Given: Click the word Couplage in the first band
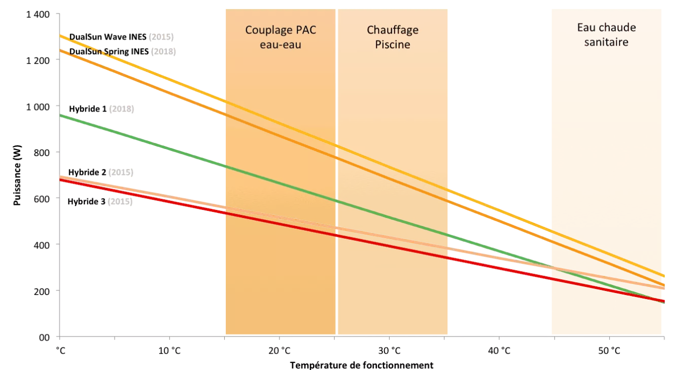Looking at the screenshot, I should (267, 30).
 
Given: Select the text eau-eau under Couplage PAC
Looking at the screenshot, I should (281, 45).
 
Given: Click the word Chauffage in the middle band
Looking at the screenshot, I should (393, 30).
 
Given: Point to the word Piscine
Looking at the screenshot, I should (393, 45).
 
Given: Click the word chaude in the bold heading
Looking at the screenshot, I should (616, 27).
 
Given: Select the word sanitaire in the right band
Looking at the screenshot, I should (606, 42).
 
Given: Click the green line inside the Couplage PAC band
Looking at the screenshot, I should (279, 183).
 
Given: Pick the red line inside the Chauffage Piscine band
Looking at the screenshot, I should (393, 246).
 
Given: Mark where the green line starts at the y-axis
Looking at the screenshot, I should (61, 116).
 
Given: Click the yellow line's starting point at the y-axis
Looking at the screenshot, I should (61, 36).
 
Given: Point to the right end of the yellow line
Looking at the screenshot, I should (664, 276).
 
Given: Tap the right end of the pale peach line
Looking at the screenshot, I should (664, 288).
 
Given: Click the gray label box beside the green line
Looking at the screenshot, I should (121, 109).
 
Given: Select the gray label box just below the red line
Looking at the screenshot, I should (120, 201).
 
